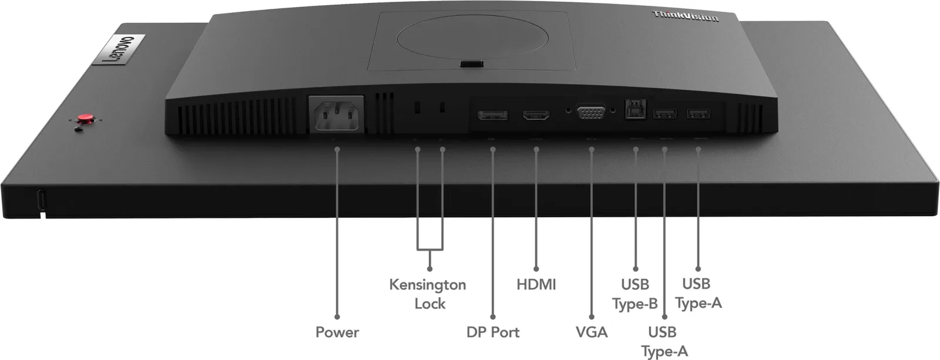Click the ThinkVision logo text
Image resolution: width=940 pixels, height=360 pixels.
685,16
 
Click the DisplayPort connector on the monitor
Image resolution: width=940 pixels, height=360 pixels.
492,115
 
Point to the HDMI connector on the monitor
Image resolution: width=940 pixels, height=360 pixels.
536,115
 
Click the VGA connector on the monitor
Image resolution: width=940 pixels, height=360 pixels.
591,112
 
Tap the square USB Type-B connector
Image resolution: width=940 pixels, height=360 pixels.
635,109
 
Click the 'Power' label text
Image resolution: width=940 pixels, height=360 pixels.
337,332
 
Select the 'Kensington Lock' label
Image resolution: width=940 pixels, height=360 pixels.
428,294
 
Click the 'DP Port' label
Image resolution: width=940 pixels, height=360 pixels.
493,332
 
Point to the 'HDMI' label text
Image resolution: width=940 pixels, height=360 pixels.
536,284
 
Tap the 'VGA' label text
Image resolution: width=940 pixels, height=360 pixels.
591,332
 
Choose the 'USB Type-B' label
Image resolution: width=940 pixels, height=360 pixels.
635,294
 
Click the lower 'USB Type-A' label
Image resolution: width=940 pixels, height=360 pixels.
664,342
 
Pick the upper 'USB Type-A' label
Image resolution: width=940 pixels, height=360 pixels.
699,293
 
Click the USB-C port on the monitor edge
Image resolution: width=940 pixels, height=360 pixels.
42,199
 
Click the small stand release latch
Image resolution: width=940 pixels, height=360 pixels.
471,64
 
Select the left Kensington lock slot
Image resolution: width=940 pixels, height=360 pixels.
417,107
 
